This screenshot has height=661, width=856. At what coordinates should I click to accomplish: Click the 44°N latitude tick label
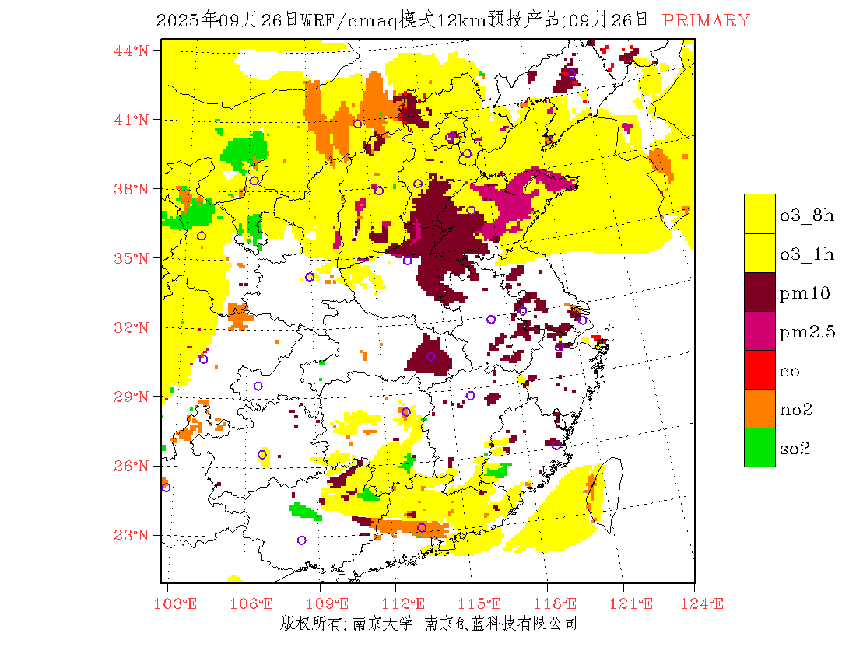click(x=131, y=51)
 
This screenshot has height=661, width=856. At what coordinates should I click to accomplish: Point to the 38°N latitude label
click(x=131, y=189)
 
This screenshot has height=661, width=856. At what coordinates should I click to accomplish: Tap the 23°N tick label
click(x=131, y=535)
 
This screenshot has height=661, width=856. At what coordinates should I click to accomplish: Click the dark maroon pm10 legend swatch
click(x=760, y=292)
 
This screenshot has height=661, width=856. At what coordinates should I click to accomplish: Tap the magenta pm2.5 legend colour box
click(x=760, y=331)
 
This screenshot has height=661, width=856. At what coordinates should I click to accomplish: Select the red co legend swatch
click(x=760, y=370)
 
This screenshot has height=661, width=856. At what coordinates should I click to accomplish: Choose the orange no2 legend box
click(x=760, y=409)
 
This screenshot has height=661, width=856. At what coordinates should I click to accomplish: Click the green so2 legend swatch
click(x=760, y=448)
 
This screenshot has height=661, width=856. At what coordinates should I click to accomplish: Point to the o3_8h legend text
click(x=807, y=215)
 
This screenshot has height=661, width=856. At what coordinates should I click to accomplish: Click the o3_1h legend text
click(x=807, y=254)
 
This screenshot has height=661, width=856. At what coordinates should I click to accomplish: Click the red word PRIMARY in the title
click(x=707, y=21)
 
